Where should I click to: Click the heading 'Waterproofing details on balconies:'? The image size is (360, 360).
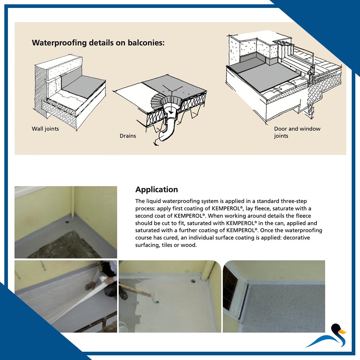point(98,43)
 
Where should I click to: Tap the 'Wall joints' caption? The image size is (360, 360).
point(45,129)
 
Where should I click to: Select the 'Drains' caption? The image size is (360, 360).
point(128,136)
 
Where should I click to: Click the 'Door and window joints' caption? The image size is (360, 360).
point(297,132)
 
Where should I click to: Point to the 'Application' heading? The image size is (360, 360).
point(157,189)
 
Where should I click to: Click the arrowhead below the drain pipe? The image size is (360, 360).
point(155,144)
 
